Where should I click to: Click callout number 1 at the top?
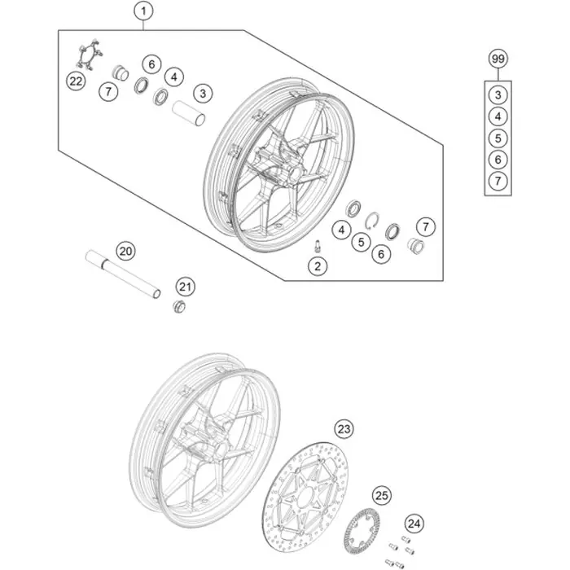(143, 11)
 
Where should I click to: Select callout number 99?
(498, 59)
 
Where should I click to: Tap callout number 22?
(76, 81)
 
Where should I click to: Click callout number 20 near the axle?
(125, 251)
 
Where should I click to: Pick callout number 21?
(186, 287)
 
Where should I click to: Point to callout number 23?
(344, 429)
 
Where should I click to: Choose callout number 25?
(382, 495)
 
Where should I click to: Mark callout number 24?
(414, 524)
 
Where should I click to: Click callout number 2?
(318, 266)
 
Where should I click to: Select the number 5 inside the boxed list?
(498, 138)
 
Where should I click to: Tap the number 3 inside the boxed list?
(498, 95)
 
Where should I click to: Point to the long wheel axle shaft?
(123, 274)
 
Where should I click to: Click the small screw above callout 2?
(318, 246)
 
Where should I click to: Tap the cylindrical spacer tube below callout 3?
(188, 113)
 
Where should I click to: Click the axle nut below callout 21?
(179, 306)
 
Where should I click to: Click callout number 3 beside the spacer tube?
(203, 94)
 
